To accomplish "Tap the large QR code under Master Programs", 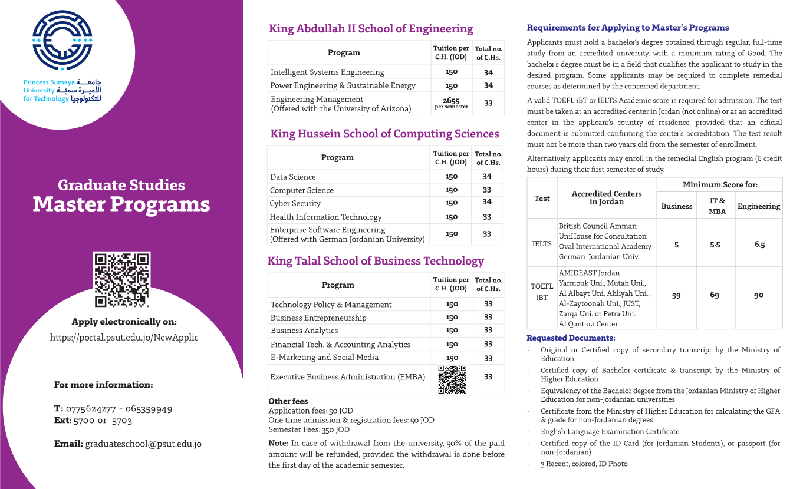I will point(122,280).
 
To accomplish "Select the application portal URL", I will point(124,338).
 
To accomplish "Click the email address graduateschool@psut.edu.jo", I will point(143,444).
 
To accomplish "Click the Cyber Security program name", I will point(295,203).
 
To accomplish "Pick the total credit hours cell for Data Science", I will point(487,176).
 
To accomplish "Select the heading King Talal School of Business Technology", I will point(376,261).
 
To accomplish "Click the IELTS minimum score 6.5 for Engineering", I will point(759,244).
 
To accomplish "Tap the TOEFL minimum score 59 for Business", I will point(676,295).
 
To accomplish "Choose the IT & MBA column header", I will point(717,206).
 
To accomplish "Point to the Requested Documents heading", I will point(571,338).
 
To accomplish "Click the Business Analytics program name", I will point(304,331).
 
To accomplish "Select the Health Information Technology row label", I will point(325,217).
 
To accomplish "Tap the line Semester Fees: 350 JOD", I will point(309,429).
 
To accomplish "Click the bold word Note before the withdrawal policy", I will point(278,443).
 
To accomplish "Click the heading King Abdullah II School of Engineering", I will point(371,29).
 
